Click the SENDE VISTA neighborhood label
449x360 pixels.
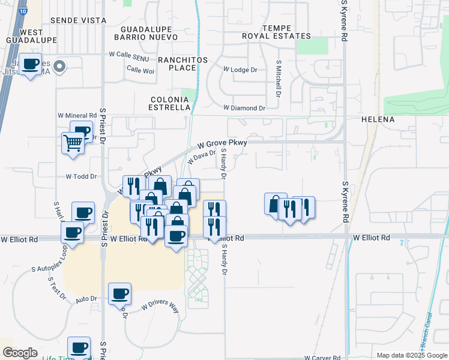pos(78,20)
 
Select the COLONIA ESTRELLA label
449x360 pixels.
pos(170,103)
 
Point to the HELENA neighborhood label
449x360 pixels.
pos(378,119)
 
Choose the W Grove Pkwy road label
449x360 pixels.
pos(223,143)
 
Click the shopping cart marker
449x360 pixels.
pos(73,143)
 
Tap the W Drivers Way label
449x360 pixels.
pos(161,307)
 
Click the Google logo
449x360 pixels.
pos(20,353)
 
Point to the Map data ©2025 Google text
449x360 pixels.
pos(411,355)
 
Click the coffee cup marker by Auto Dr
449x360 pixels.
pos(120,293)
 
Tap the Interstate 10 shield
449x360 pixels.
pos(22,11)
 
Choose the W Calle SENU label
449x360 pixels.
pos(128,54)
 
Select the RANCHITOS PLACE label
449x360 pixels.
pos(182,64)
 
